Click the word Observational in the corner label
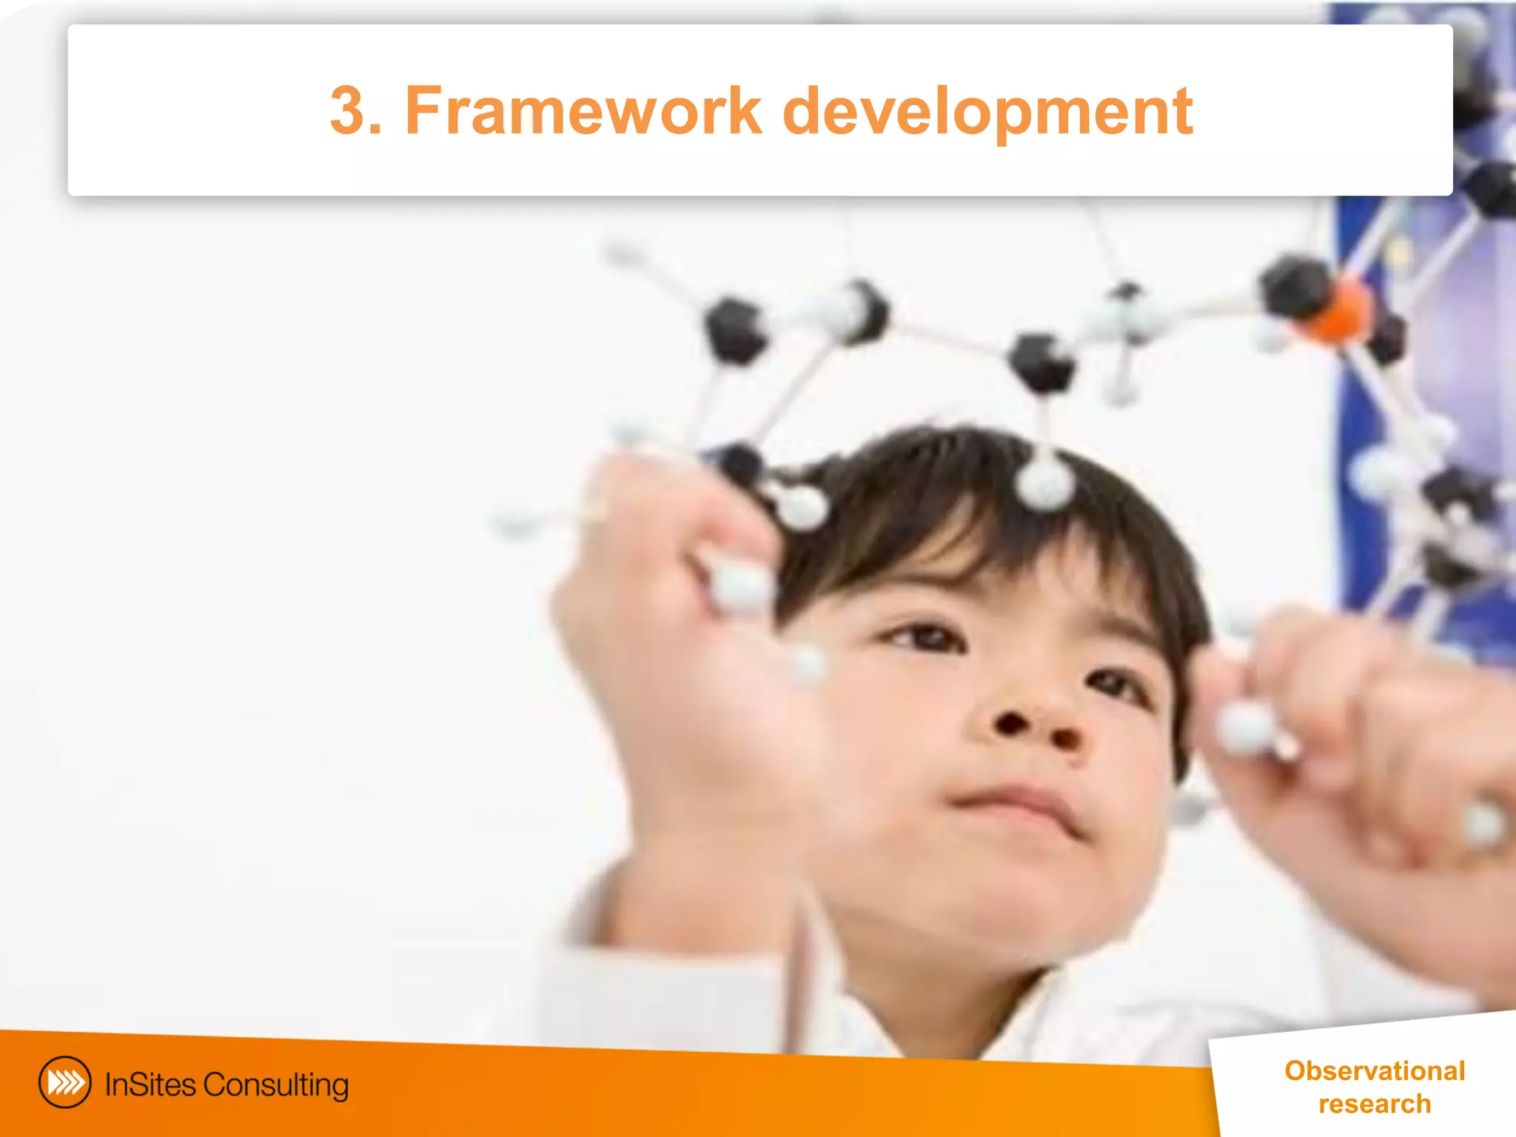pos(1375,1070)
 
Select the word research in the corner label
pos(1375,1104)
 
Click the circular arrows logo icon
pos(65,1082)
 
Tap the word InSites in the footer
pos(150,1084)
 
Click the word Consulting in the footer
pos(275,1085)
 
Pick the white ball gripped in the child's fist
pos(740,585)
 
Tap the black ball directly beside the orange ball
pos(1294,285)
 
